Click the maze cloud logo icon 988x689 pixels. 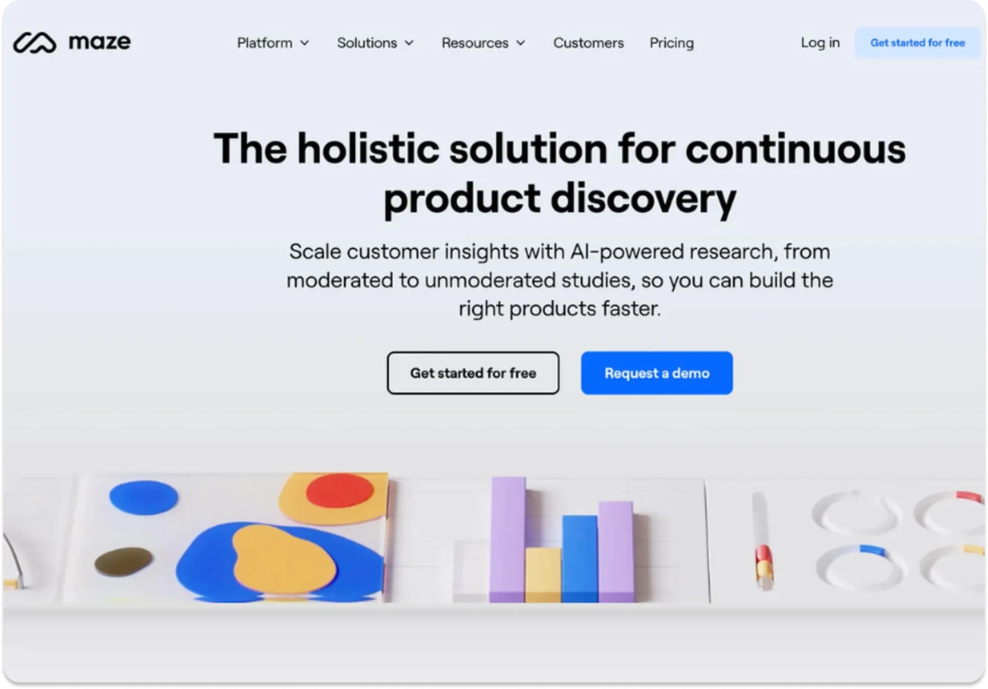point(35,42)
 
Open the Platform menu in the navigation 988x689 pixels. point(273,43)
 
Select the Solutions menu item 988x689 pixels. point(375,43)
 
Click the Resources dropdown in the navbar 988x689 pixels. point(483,43)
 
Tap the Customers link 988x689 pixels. point(588,43)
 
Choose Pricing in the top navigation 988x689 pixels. point(671,43)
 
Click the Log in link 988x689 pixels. point(820,42)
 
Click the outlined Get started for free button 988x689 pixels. point(473,373)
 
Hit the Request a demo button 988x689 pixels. point(657,373)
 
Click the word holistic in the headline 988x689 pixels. point(368,149)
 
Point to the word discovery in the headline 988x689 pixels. point(643,199)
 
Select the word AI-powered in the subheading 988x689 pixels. point(627,252)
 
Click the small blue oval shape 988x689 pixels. point(143,497)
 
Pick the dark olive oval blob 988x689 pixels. point(124,562)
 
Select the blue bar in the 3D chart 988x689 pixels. point(580,558)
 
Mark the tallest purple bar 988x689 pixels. point(508,538)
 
